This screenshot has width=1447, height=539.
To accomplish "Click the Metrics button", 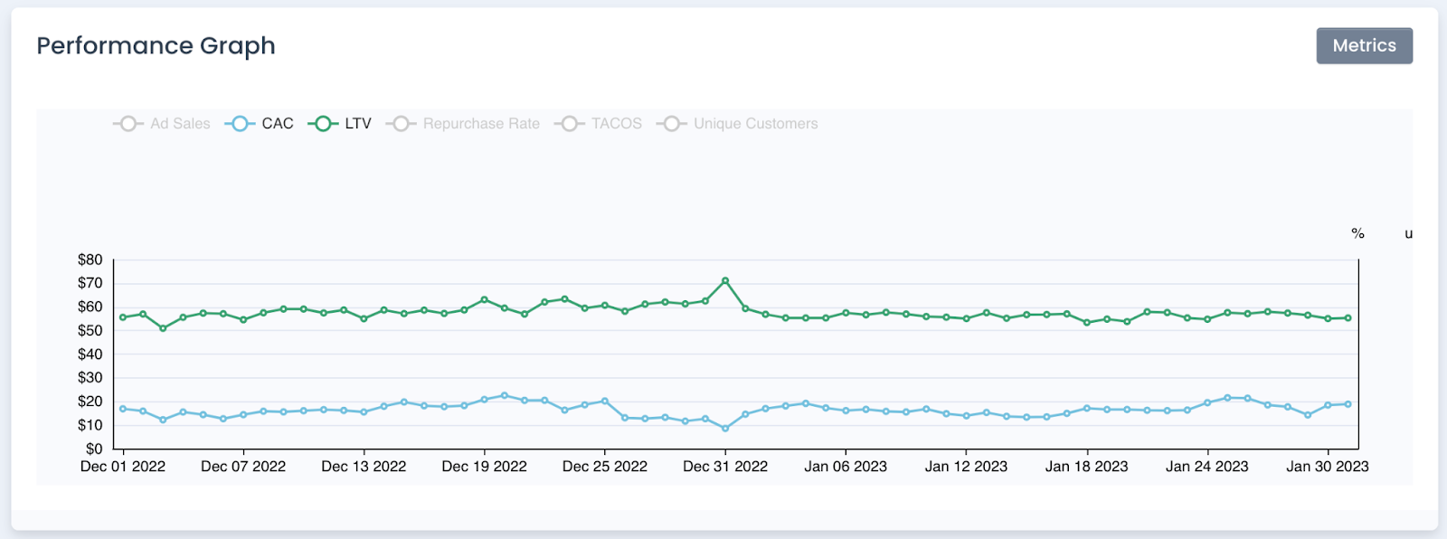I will click(x=1364, y=46).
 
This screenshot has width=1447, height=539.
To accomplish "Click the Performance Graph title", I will click(x=156, y=46).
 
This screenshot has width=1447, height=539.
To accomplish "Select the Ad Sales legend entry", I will click(x=163, y=124).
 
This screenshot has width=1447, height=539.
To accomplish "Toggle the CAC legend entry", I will click(x=260, y=124).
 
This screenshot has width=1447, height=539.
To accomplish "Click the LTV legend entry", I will click(x=341, y=124).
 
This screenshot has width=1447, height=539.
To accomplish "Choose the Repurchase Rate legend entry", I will click(x=464, y=124).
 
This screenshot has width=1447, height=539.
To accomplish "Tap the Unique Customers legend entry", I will click(x=738, y=124).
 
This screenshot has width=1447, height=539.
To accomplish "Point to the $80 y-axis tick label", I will click(x=90, y=260).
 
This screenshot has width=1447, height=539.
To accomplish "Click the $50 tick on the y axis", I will click(x=90, y=331).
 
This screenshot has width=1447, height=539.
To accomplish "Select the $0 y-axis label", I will click(x=94, y=449).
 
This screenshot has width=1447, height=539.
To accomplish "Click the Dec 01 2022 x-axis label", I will click(x=123, y=467).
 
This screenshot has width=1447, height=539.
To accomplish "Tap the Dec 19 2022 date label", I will click(x=484, y=467).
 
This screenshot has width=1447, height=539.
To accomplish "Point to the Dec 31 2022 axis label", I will click(x=725, y=467).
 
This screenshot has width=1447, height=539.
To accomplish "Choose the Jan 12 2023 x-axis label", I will click(x=966, y=467).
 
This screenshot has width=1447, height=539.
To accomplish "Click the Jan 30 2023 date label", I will click(x=1328, y=467).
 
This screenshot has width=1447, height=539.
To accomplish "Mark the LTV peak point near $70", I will click(x=725, y=281).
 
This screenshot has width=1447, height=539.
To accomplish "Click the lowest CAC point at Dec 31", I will click(x=725, y=429).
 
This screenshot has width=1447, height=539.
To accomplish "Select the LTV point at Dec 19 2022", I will click(x=485, y=299).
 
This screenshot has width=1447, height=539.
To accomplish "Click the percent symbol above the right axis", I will click(x=1357, y=234).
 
